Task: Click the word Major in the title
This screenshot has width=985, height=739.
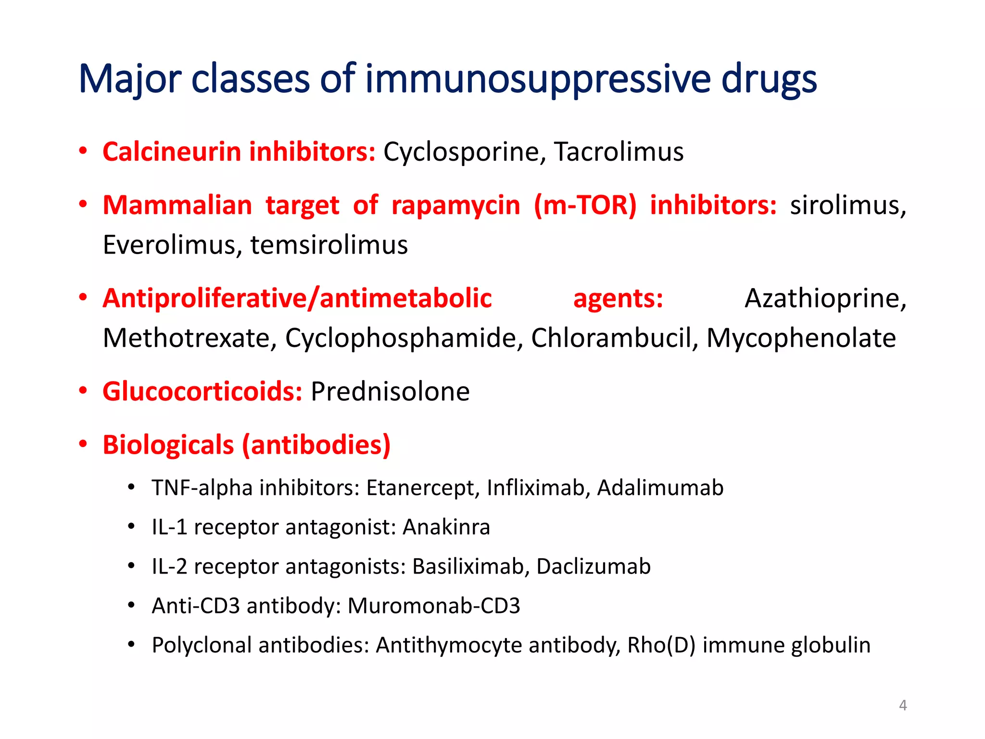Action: pos(130,79)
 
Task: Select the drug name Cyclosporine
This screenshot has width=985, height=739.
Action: pos(464,152)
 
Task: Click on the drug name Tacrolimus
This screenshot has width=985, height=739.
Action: pos(619,152)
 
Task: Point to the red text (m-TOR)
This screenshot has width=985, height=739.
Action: pos(585,205)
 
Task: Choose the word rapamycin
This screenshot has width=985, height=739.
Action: pos(455,205)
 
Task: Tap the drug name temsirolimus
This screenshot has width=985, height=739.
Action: pos(329,245)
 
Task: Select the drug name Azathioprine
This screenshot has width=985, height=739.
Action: pos(825,298)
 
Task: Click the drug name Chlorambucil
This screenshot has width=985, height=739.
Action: pos(614,338)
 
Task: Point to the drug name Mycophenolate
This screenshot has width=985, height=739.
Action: pos(801,338)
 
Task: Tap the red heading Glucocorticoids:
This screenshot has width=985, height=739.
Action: pos(202,391)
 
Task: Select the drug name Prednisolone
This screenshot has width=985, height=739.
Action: pos(390,391)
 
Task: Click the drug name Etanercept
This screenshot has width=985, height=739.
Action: pos(423,488)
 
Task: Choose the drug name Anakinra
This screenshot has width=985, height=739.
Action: pos(446,527)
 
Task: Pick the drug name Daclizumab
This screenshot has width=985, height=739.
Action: pos(594,567)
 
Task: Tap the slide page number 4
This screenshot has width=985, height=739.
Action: pos(903,705)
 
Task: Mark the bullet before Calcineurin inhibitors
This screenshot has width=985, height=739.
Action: pos(83,151)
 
